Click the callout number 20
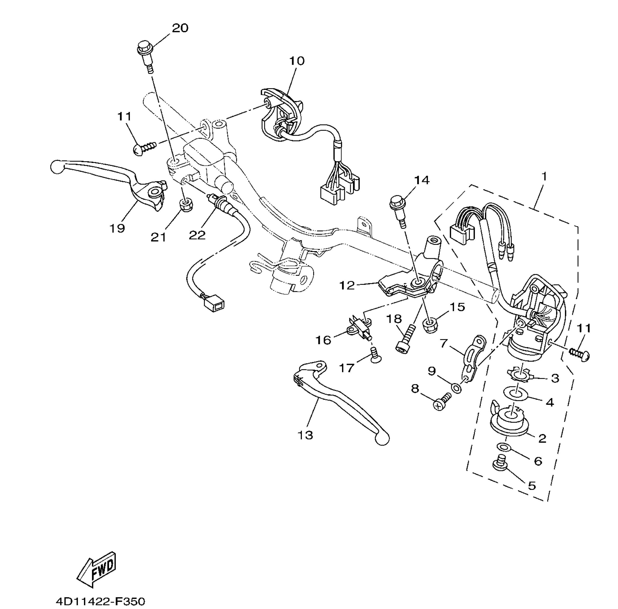180,28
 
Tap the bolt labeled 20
146,56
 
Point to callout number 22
197,235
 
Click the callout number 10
297,61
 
